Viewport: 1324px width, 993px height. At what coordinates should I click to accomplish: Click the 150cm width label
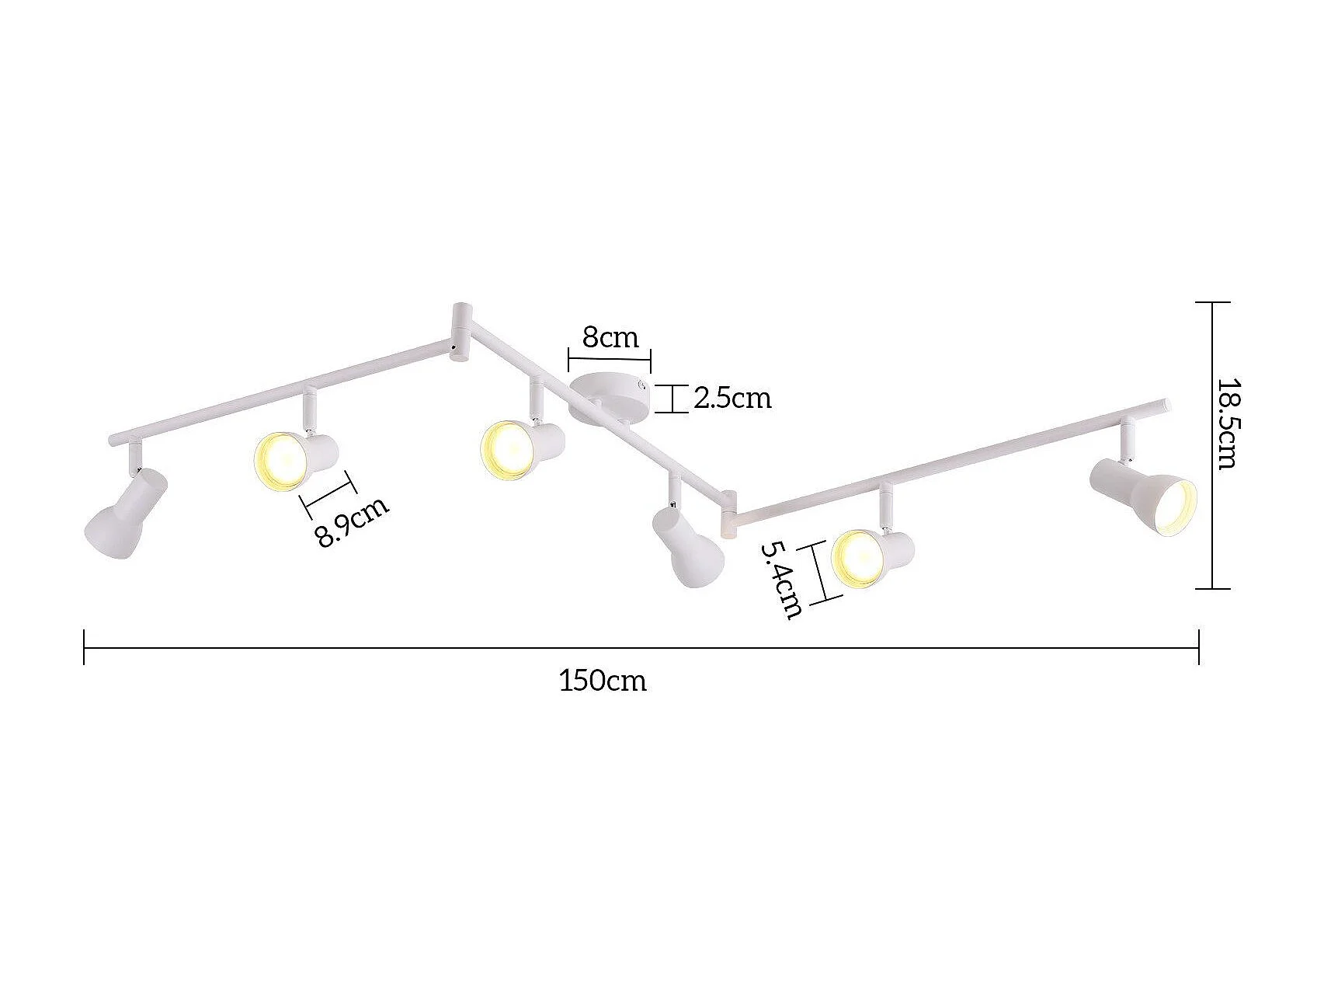603,681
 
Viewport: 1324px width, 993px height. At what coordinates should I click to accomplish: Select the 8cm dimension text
610,337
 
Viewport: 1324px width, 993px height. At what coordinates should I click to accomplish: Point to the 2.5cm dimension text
732,398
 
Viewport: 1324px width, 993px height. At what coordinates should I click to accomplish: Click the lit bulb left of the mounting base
506,450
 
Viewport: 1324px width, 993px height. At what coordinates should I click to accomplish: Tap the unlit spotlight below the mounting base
687,546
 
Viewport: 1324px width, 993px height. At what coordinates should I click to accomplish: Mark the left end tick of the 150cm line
84,647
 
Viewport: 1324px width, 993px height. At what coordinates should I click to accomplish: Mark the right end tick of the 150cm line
1199,647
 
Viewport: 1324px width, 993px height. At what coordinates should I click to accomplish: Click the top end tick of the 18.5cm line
1213,302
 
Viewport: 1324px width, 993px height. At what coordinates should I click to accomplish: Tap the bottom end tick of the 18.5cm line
1213,588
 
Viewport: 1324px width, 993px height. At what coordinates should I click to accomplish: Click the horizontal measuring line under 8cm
610,359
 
